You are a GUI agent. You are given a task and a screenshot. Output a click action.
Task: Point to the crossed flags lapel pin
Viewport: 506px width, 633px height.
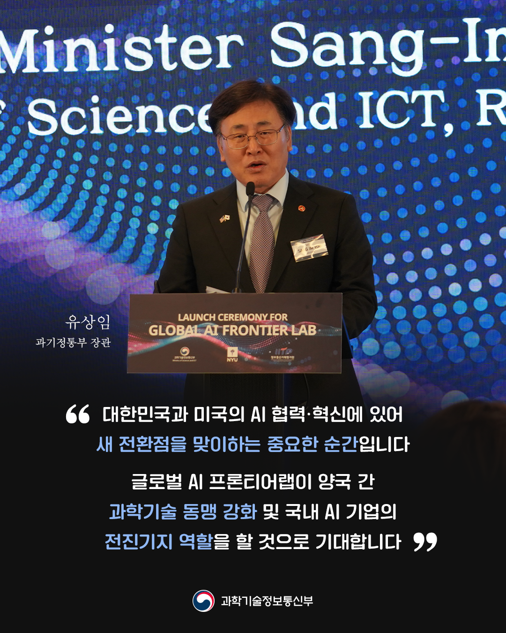[224, 219]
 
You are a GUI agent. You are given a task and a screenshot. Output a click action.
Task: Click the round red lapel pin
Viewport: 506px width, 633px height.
[301, 207]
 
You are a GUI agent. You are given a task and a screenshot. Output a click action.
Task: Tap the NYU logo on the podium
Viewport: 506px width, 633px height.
[232, 354]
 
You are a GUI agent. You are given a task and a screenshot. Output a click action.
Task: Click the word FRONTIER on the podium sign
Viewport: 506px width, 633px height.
[255, 331]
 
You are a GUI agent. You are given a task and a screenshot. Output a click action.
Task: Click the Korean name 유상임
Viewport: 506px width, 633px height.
[88, 322]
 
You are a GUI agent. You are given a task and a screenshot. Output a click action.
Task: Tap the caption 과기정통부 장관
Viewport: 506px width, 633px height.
[73, 343]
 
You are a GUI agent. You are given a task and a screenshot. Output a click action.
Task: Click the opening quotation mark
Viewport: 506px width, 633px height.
[78, 414]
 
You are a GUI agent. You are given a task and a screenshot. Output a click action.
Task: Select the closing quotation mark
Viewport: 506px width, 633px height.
[425, 542]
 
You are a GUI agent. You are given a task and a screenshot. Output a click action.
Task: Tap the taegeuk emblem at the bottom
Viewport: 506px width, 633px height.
[203, 601]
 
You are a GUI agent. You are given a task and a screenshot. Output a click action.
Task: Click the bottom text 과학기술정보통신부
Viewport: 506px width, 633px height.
[267, 601]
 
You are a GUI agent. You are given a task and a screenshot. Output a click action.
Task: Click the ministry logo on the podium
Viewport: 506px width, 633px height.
[184, 354]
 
